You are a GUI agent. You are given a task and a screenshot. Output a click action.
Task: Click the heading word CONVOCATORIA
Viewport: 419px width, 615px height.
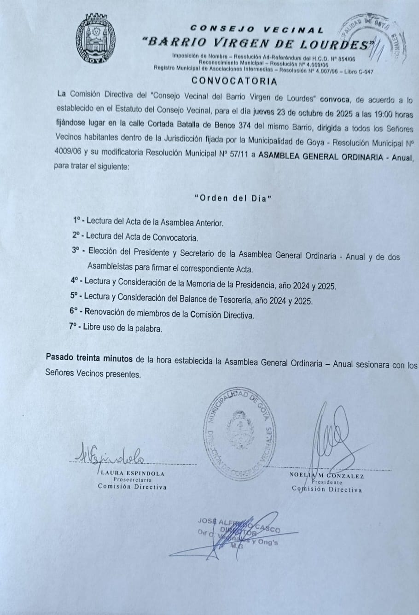[x=234, y=81]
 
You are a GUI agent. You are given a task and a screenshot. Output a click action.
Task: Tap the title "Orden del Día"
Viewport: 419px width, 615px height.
[x=233, y=198]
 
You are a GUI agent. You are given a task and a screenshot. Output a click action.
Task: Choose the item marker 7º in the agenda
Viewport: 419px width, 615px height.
[x=74, y=328]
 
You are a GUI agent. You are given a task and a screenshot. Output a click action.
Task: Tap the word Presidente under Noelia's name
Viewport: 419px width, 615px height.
[x=327, y=483]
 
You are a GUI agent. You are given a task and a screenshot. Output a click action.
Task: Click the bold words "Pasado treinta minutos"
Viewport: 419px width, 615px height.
[x=89, y=357]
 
